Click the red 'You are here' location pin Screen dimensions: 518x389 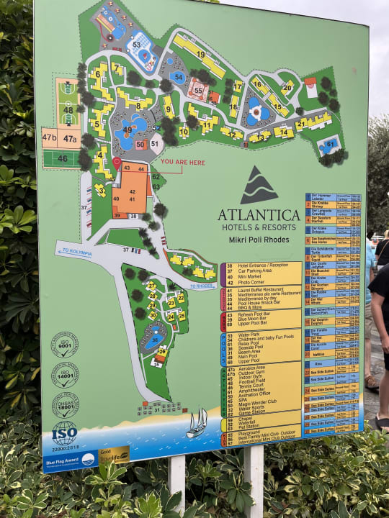117,163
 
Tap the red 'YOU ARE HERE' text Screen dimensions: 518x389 182,163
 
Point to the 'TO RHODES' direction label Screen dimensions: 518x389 202,286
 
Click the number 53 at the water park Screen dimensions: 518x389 136,45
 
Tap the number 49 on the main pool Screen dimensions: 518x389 127,130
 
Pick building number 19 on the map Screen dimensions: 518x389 200,54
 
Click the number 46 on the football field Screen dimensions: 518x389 63,159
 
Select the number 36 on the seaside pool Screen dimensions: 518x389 155,340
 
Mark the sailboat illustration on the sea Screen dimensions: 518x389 197,423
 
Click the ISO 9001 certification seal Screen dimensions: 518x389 64,345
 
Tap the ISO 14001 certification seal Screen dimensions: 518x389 65,375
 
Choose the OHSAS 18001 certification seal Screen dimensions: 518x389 65,405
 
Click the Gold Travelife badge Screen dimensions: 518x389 113,455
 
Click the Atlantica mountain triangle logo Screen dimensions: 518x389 259,186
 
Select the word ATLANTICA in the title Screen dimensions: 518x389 259,215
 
